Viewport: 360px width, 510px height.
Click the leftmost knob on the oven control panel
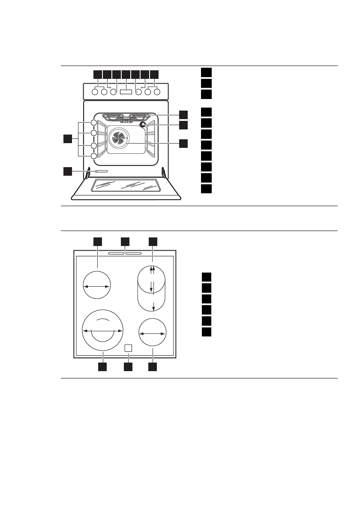(x=95, y=91)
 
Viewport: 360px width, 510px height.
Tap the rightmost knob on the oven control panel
(x=157, y=91)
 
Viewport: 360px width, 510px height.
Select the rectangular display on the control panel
(x=126, y=91)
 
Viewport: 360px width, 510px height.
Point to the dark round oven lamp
(x=143, y=125)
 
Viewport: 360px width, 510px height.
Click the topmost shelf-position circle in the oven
(x=94, y=124)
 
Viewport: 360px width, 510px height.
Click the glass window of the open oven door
(x=126, y=185)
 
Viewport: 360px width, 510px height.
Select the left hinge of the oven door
(x=88, y=173)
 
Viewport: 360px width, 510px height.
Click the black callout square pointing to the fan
(x=183, y=144)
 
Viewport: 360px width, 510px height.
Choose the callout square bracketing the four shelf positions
(x=67, y=138)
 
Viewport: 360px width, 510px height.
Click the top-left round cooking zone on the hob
(x=97, y=284)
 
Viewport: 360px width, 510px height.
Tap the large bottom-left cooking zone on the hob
(x=103, y=330)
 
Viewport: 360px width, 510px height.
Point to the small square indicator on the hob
(x=127, y=348)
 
